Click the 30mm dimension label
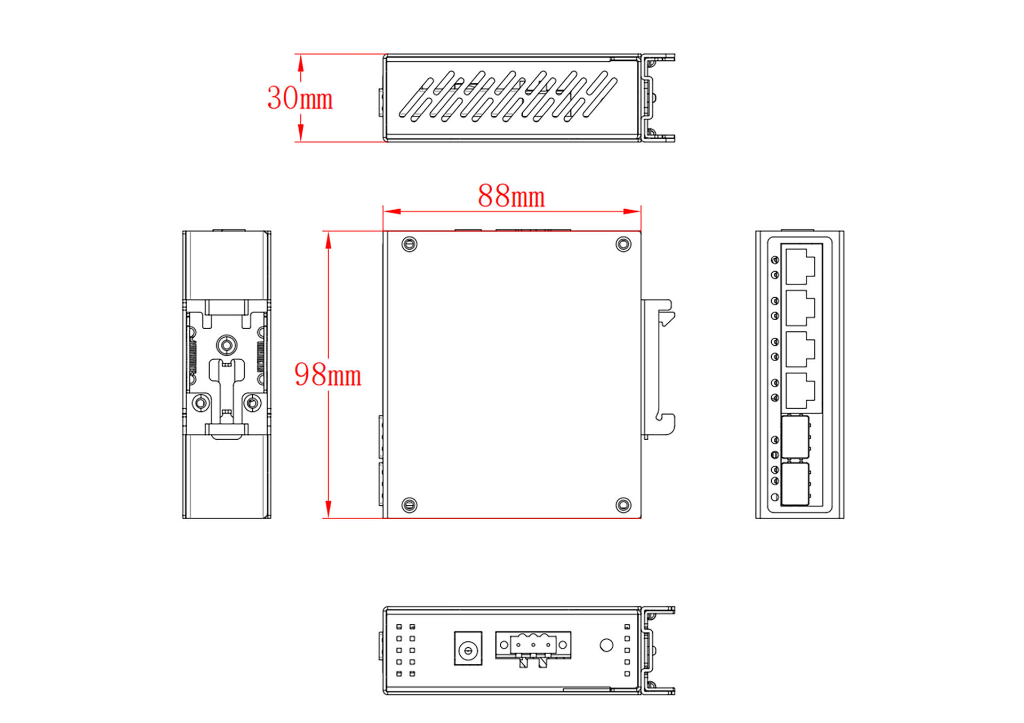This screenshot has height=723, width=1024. (x=300, y=98)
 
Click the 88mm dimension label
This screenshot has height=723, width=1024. (x=511, y=196)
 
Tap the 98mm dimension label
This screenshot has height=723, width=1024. (x=327, y=375)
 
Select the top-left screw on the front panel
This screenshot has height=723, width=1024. (x=409, y=244)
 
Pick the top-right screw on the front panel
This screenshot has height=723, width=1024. (x=623, y=244)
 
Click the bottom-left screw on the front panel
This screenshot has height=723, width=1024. (x=409, y=505)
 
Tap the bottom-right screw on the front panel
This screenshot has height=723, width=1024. (x=623, y=505)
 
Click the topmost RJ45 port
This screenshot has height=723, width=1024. (x=800, y=266)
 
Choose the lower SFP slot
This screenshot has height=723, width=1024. (x=795, y=484)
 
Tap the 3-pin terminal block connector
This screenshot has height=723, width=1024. (x=533, y=647)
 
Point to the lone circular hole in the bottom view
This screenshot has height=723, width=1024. (x=606, y=645)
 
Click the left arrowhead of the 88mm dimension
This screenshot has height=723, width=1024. (x=392, y=211)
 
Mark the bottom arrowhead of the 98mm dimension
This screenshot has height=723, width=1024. (x=329, y=509)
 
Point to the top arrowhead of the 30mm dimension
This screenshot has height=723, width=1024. (x=301, y=63)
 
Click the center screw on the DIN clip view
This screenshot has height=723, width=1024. (x=227, y=345)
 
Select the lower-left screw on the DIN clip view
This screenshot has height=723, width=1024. (x=201, y=403)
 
